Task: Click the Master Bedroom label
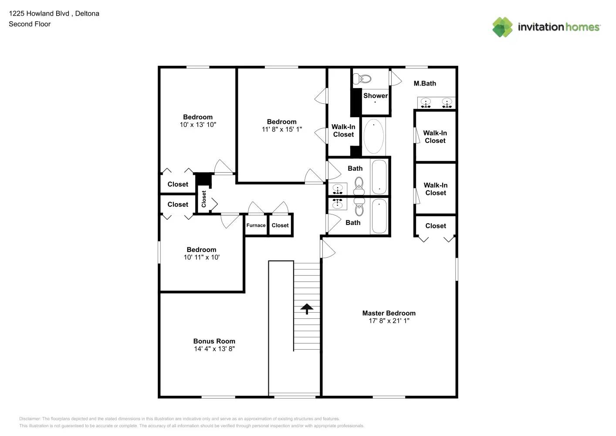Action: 389,313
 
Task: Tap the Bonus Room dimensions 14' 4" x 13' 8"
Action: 214,349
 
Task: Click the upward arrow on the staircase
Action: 307,309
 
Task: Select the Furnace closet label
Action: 256,225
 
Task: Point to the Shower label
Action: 375,95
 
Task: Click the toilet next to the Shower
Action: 362,79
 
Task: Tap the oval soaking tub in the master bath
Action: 374,136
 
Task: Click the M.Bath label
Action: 424,83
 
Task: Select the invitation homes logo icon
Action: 502,27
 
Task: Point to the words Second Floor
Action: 30,24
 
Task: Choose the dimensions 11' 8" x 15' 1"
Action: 281,129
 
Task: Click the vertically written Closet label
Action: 204,199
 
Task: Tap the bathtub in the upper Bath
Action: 379,177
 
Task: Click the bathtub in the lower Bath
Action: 379,216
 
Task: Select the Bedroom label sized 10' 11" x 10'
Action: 201,250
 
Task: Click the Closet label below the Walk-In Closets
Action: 435,226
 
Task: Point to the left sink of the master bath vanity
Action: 426,103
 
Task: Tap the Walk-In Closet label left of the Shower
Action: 343,131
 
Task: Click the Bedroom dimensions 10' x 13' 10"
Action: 198,125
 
